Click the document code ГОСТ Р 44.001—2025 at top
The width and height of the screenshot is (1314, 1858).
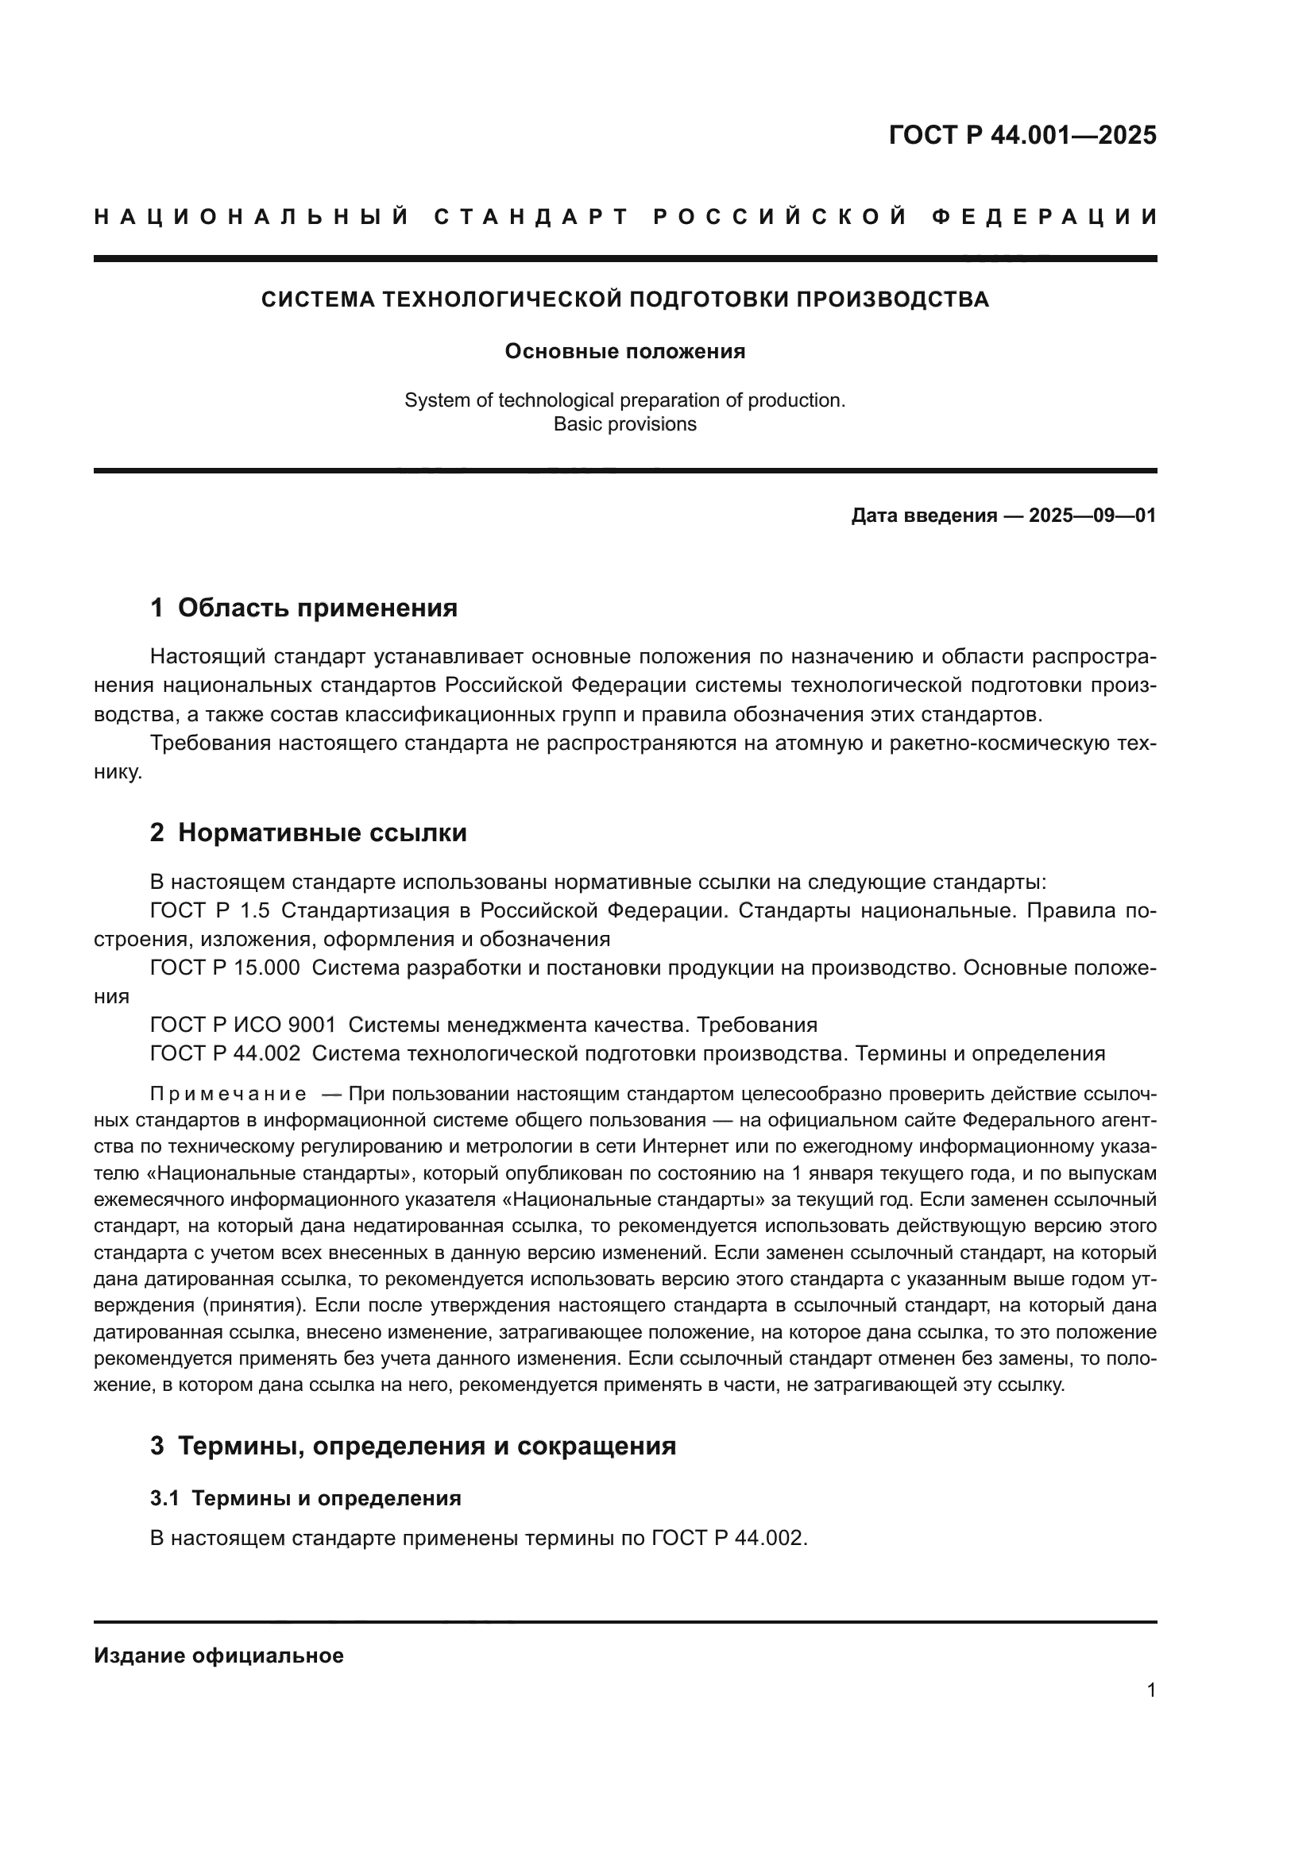pos(1022,135)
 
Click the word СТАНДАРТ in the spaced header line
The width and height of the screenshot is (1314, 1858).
pos(531,217)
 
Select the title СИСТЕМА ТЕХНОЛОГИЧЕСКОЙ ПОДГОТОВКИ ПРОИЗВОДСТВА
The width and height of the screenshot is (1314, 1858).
pos(624,299)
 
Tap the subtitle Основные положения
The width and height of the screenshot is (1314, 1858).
pos(624,352)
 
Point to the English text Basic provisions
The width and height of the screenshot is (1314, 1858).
pos(624,425)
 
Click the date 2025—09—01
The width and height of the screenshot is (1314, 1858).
pos(1092,516)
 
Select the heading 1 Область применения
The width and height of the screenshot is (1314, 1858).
pos(303,608)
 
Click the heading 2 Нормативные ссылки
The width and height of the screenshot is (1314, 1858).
pos(308,832)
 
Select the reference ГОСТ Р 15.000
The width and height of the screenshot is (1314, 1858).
pos(224,968)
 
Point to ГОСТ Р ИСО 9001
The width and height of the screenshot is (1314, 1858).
pos(243,1026)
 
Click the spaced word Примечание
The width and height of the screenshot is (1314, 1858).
pos(228,1095)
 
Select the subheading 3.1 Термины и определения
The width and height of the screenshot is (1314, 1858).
pos(305,1499)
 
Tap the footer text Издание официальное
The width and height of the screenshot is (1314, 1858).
pos(218,1655)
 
